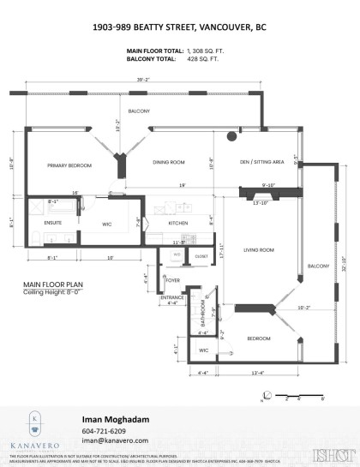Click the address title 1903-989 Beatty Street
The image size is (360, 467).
pos(179,27)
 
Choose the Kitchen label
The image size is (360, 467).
pos(177,222)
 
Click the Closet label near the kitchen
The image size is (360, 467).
pos(201,255)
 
